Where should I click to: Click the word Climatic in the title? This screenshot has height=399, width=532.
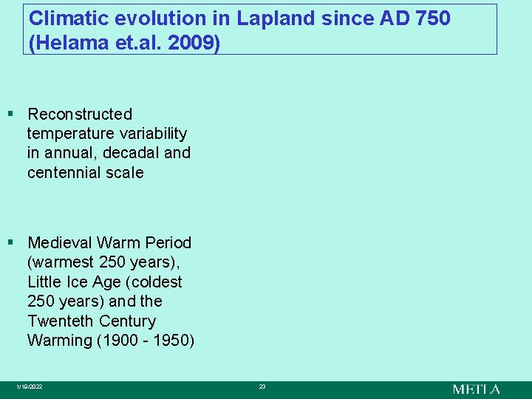[63, 18]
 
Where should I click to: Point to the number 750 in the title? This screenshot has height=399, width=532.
[433, 18]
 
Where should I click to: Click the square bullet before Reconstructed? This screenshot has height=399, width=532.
[10, 114]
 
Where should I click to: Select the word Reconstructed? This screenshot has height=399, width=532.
[80, 115]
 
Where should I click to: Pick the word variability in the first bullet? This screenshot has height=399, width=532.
[151, 134]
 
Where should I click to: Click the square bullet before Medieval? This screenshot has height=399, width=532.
[10, 242]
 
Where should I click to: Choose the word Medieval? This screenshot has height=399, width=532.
[61, 243]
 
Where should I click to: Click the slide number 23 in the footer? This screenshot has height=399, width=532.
[262, 387]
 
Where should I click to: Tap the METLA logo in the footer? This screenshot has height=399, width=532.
[476, 389]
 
